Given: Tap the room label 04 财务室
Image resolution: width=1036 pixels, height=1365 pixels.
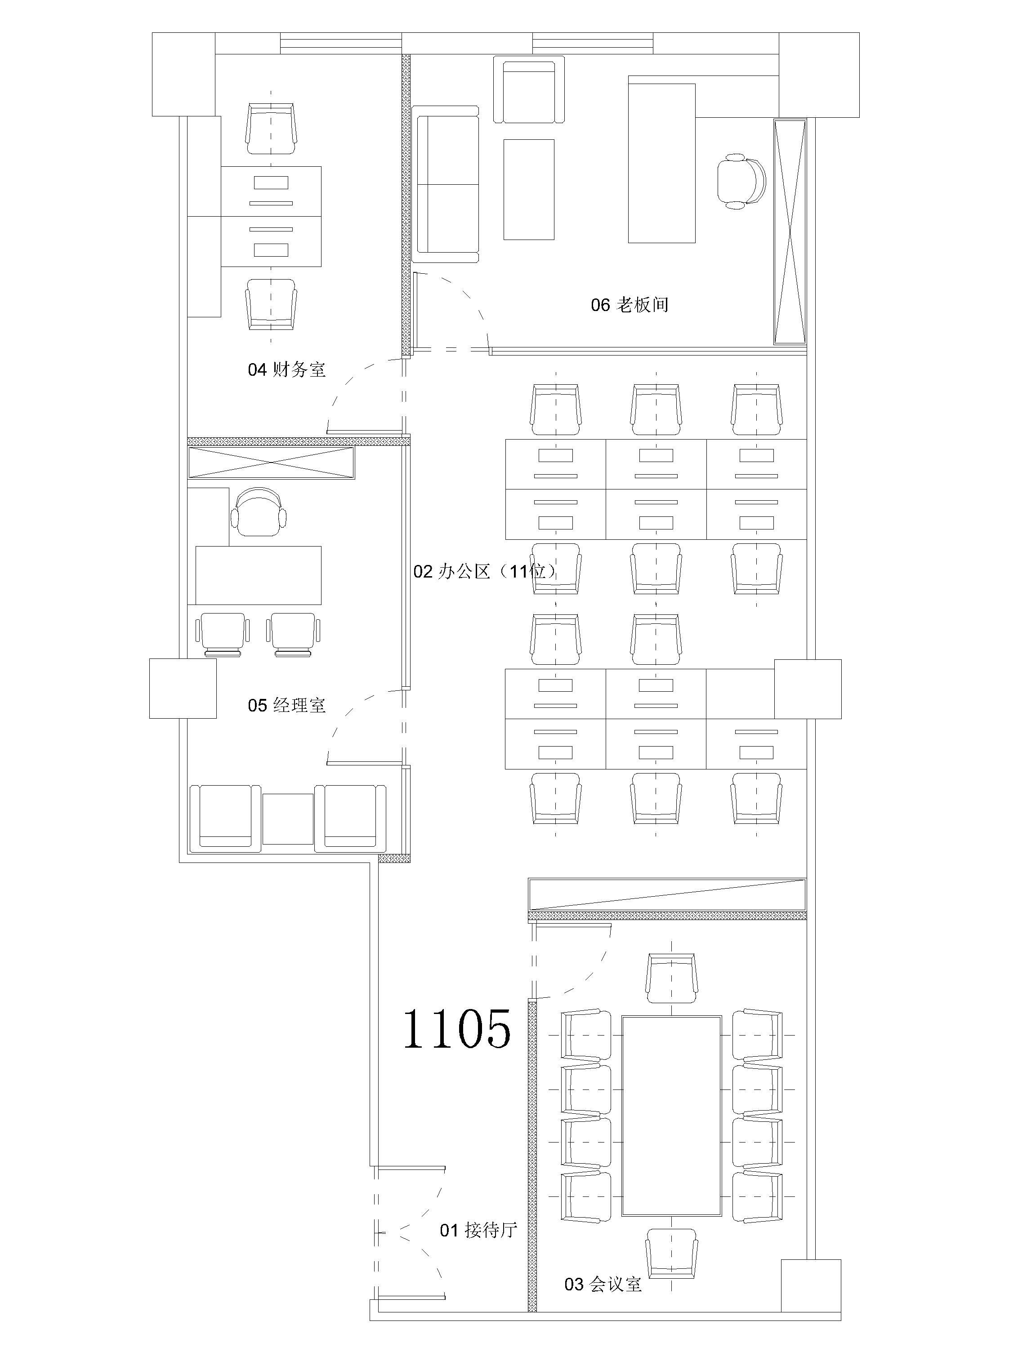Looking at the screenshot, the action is (x=286, y=369).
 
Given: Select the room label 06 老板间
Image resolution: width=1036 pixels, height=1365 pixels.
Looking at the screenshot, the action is (x=630, y=305).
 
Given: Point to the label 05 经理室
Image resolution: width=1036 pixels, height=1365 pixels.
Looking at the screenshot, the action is (x=286, y=705).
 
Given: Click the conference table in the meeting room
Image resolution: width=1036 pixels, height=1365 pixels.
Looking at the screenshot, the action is (x=672, y=1116).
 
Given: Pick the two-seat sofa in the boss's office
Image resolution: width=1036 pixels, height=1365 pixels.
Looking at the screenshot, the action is (x=446, y=184).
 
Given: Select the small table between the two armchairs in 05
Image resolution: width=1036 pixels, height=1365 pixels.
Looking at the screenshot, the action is (x=288, y=819).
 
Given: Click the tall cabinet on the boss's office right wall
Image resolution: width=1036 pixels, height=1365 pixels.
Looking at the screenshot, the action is (x=790, y=231).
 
